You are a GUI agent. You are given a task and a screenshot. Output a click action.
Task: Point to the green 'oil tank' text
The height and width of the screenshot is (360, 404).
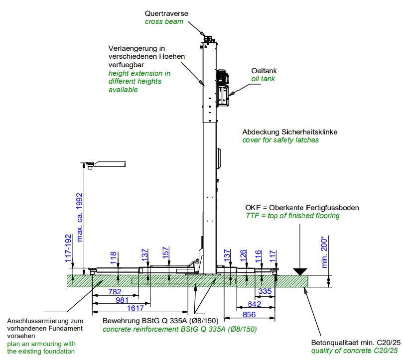[x=263, y=79]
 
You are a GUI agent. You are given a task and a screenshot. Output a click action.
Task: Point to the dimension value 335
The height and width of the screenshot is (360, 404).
[x=265, y=291]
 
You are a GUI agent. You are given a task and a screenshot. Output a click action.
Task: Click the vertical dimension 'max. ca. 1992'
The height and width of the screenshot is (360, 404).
[x=79, y=217]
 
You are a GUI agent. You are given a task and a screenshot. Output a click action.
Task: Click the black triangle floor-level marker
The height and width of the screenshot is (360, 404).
[x=300, y=272]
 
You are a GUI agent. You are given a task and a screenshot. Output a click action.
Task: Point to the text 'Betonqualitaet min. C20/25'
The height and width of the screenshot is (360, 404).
[x=355, y=342]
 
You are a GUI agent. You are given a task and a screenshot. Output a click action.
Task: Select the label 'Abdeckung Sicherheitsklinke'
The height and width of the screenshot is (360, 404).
[x=290, y=132]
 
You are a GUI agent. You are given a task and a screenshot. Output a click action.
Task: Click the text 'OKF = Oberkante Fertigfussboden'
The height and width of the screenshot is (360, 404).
[x=302, y=208]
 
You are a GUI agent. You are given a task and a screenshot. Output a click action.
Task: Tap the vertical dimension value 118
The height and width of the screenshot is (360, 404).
[x=114, y=257]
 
